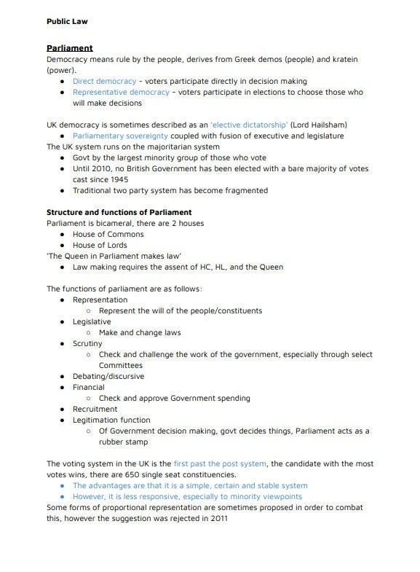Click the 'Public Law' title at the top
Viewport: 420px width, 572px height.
click(x=66, y=21)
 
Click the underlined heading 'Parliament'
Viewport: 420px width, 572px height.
click(x=69, y=48)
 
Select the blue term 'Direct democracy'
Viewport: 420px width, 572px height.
click(x=104, y=81)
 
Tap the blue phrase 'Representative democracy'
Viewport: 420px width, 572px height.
click(x=120, y=92)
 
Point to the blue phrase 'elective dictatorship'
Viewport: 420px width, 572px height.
click(x=249, y=125)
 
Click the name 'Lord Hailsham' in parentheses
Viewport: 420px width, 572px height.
click(x=320, y=125)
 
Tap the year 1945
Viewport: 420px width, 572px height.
click(x=124, y=179)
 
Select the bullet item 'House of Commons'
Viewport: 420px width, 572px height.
click(x=108, y=234)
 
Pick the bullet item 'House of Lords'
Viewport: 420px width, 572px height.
click(x=101, y=245)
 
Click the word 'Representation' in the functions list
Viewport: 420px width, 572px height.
click(x=100, y=299)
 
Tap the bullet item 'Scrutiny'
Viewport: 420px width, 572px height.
click(x=87, y=343)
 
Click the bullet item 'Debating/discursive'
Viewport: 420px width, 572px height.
click(x=108, y=376)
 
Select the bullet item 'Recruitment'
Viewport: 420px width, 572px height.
click(x=95, y=409)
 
